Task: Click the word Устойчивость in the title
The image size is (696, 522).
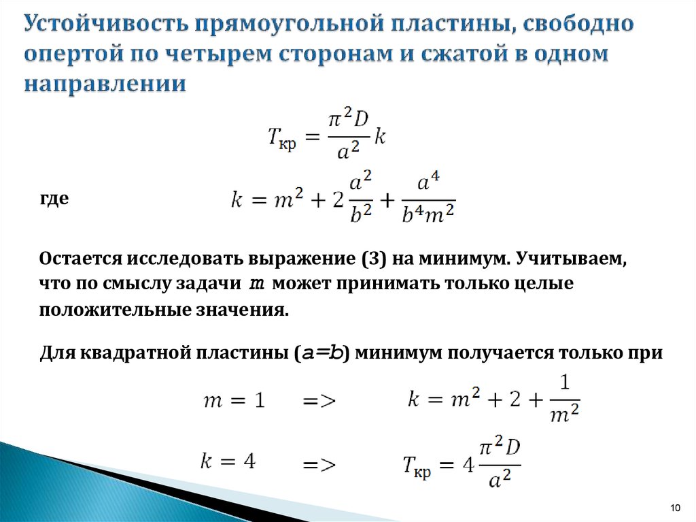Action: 106,24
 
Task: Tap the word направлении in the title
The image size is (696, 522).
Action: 105,84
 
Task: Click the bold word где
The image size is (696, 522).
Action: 54,198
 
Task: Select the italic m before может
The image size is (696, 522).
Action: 256,284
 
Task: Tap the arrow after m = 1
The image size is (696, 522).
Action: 319,401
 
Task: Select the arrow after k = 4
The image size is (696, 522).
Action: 319,465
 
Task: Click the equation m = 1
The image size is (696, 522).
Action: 234,400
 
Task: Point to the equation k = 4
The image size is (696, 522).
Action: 228,461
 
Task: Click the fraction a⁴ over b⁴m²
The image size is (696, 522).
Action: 428,198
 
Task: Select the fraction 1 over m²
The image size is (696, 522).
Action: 565,398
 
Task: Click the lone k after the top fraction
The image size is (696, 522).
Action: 379,136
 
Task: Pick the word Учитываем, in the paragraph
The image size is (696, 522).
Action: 571,259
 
